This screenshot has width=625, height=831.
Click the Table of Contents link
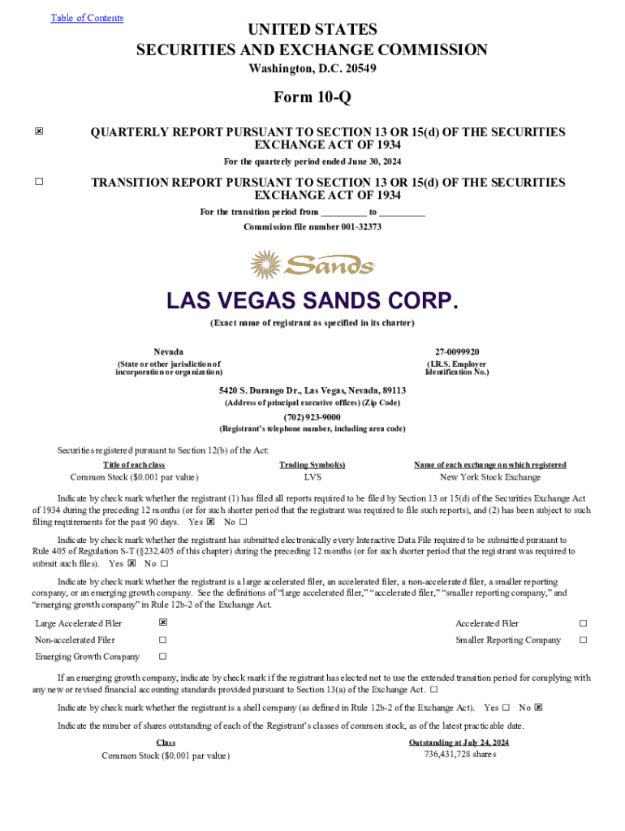pyautogui.click(x=87, y=18)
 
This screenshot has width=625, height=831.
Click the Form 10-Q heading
pyautogui.click(x=312, y=97)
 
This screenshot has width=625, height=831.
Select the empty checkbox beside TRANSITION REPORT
pyautogui.click(x=39, y=183)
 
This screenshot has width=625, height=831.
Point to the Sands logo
pyautogui.click(x=312, y=265)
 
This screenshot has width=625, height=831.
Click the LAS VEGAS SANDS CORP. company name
pyautogui.click(x=312, y=302)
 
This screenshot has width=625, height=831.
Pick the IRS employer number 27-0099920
pyautogui.click(x=457, y=351)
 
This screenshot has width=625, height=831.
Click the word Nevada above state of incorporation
pyautogui.click(x=168, y=351)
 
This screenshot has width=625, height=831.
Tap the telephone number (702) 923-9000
pyautogui.click(x=312, y=416)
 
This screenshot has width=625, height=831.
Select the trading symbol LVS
pyautogui.click(x=312, y=477)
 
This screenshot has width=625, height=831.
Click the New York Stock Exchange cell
pyautogui.click(x=490, y=477)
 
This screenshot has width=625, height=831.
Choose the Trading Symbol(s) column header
pyautogui.click(x=312, y=465)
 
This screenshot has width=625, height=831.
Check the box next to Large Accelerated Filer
pyautogui.click(x=163, y=623)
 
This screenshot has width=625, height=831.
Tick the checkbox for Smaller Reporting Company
pyautogui.click(x=582, y=640)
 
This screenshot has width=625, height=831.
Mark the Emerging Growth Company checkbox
pyautogui.click(x=163, y=657)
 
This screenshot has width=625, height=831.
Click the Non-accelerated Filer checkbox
pyautogui.click(x=163, y=640)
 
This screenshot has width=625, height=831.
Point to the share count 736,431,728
pyautogui.click(x=459, y=754)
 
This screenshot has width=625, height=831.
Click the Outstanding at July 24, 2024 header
pyautogui.click(x=459, y=743)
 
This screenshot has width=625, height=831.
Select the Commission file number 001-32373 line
pyautogui.click(x=312, y=226)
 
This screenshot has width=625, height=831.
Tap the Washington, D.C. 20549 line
pyautogui.click(x=312, y=69)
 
